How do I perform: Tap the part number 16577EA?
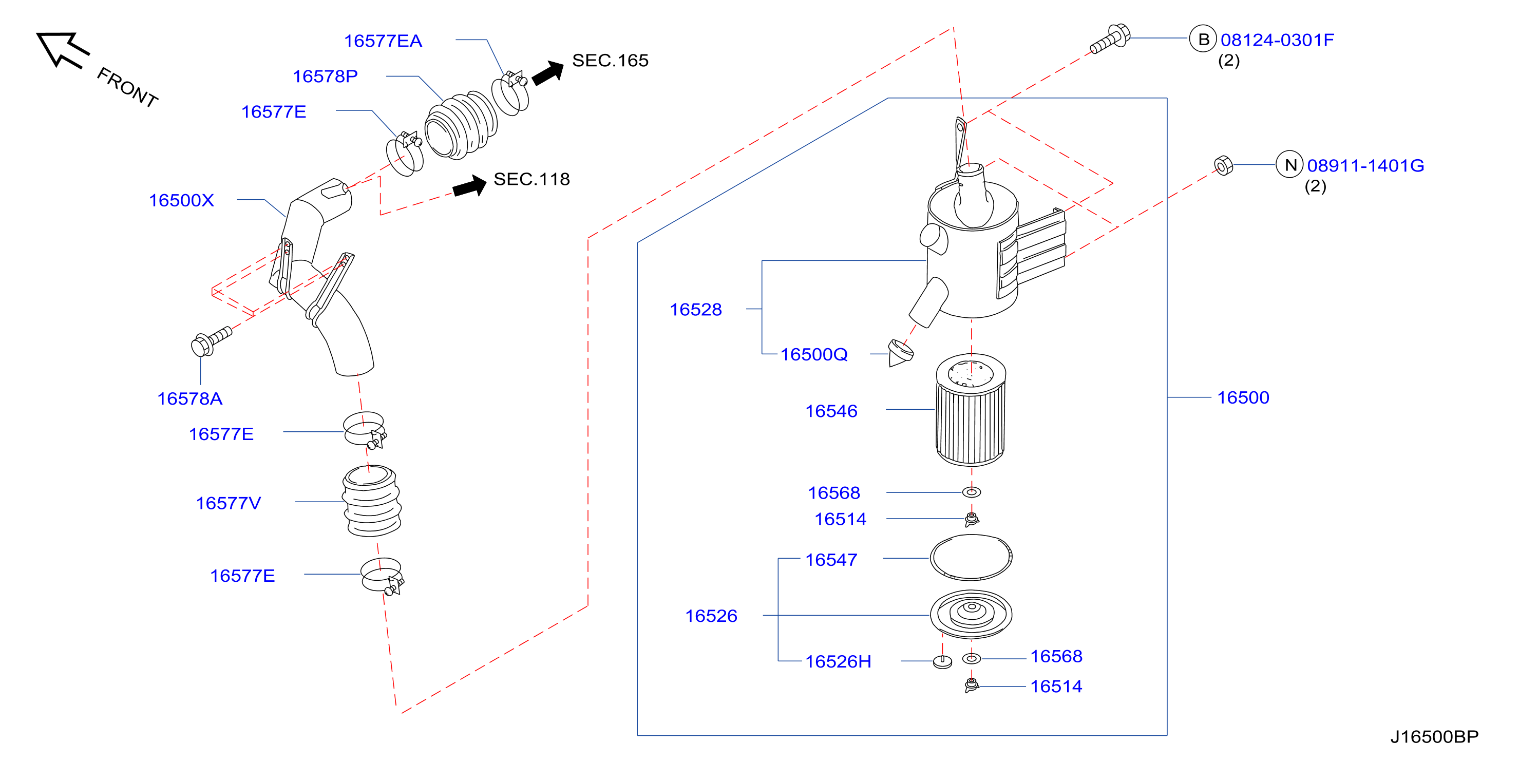pyautogui.click(x=383, y=41)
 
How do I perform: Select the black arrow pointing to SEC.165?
pyautogui.click(x=548, y=73)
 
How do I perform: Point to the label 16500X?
pyautogui.click(x=181, y=200)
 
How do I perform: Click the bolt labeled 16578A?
pyautogui.click(x=212, y=341)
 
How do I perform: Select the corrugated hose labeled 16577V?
pyautogui.click(x=371, y=501)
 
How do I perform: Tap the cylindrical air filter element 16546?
pyautogui.click(x=971, y=410)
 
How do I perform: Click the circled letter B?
pyautogui.click(x=1203, y=39)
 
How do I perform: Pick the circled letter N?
pyautogui.click(x=1289, y=164)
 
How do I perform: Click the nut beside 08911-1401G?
pyautogui.click(x=1223, y=165)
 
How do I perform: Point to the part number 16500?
pyautogui.click(x=1243, y=398)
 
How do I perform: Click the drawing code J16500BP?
pyautogui.click(x=1434, y=737)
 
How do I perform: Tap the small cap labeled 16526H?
pyautogui.click(x=942, y=662)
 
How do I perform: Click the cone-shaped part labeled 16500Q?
pyautogui.click(x=900, y=353)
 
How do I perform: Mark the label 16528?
pyautogui.click(x=695, y=309)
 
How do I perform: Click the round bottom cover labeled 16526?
pyautogui.click(x=971, y=615)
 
